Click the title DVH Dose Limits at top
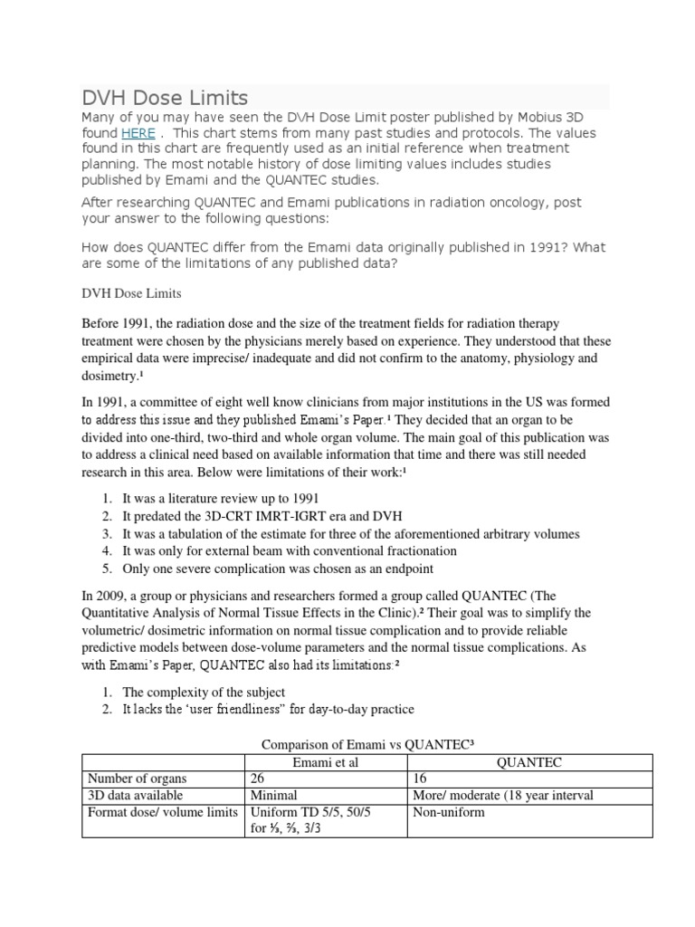point(165,98)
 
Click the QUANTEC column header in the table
point(530,763)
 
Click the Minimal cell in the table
point(275,796)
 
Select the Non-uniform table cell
point(449,812)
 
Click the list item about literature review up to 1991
point(221,499)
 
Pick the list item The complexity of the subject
point(204,693)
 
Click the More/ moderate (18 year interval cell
point(503,796)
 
